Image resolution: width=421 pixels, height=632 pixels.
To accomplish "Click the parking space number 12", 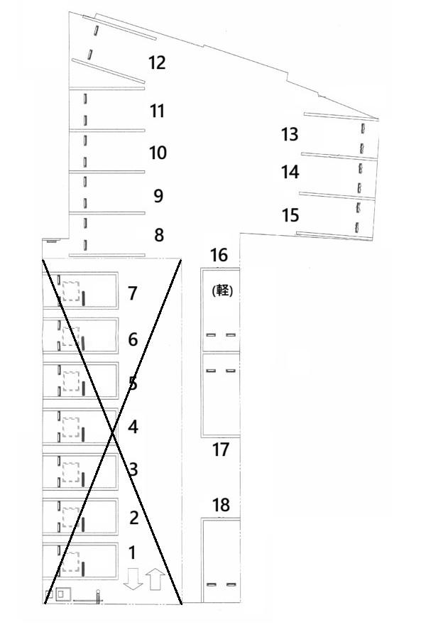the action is click(157, 62).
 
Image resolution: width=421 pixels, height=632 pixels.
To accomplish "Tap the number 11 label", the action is click(157, 111).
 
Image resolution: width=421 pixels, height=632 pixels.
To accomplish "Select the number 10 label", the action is click(158, 153).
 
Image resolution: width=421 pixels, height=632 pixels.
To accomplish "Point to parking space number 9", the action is click(158, 196).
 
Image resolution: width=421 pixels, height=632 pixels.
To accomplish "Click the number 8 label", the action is click(159, 234).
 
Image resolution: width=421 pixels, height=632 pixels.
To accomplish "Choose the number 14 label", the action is click(290, 172).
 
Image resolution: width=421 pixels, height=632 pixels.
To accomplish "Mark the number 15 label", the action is click(290, 215).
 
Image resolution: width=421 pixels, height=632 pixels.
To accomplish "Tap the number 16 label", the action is click(219, 255).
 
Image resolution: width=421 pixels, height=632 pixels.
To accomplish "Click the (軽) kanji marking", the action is click(222, 290).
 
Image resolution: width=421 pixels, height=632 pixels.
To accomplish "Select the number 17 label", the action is click(220, 450).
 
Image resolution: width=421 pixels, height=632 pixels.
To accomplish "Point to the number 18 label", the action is click(222, 505).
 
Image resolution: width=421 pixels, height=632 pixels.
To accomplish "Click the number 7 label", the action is click(133, 293).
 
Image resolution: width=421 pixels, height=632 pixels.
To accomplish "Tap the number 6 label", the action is click(133, 339).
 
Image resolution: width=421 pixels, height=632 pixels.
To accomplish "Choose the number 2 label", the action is click(133, 518).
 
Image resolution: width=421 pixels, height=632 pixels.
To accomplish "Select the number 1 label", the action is click(131, 553).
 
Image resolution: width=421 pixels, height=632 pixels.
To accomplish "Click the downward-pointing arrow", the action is click(133, 579).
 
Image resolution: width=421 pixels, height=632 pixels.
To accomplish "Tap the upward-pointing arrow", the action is click(155, 579).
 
